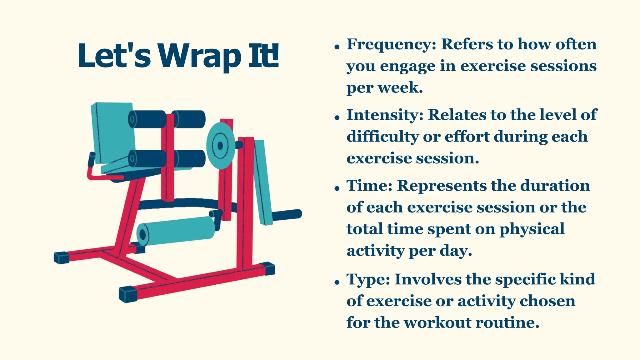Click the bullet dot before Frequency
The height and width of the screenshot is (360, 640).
pyautogui.click(x=337, y=47)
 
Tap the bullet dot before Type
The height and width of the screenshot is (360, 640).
pyautogui.click(x=337, y=282)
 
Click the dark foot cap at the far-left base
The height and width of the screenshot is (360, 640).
pyautogui.click(x=61, y=257)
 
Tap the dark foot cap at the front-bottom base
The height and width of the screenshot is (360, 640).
pyautogui.click(x=128, y=294)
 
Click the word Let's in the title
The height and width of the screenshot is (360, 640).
pyautogui.click(x=114, y=56)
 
